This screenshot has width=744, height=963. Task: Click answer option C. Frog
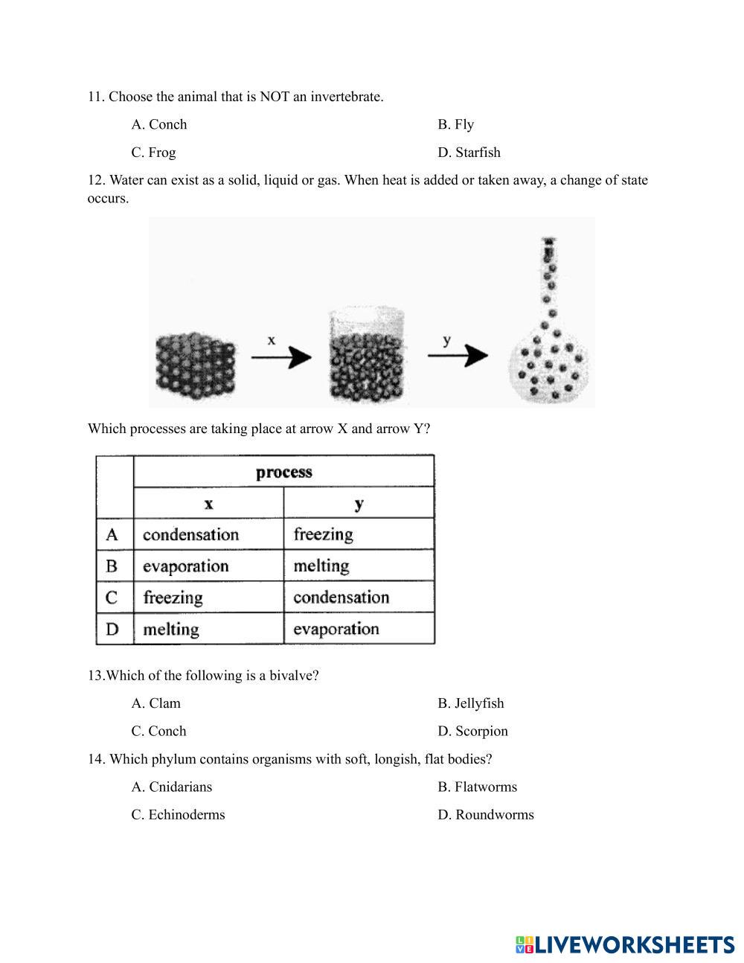154,153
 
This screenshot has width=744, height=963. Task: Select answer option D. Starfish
469,153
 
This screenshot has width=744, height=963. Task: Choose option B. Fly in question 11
455,124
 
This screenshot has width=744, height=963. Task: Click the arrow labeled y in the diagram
457,356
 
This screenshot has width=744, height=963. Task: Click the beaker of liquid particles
368,356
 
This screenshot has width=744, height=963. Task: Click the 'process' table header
283,472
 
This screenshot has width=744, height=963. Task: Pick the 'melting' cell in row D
171,629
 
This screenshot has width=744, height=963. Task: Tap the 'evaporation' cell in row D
336,629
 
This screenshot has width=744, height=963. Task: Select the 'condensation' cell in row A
190,534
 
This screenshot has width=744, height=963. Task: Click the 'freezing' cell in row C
173,598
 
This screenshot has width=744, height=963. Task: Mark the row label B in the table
112,566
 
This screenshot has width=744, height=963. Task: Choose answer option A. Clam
156,703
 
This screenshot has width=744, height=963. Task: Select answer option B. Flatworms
477,787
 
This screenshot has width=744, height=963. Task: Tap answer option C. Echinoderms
178,814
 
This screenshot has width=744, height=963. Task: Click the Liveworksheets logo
624,944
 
